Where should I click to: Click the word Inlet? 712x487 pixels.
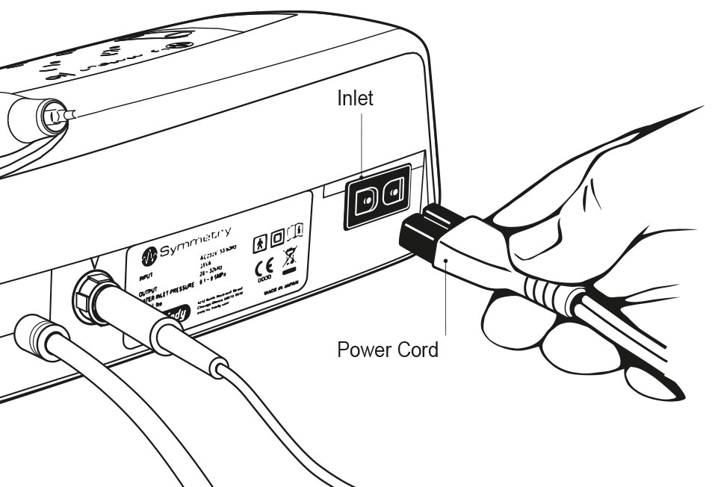[355, 98]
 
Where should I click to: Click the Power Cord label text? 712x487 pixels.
[388, 349]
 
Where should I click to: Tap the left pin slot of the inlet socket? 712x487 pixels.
[366, 199]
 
